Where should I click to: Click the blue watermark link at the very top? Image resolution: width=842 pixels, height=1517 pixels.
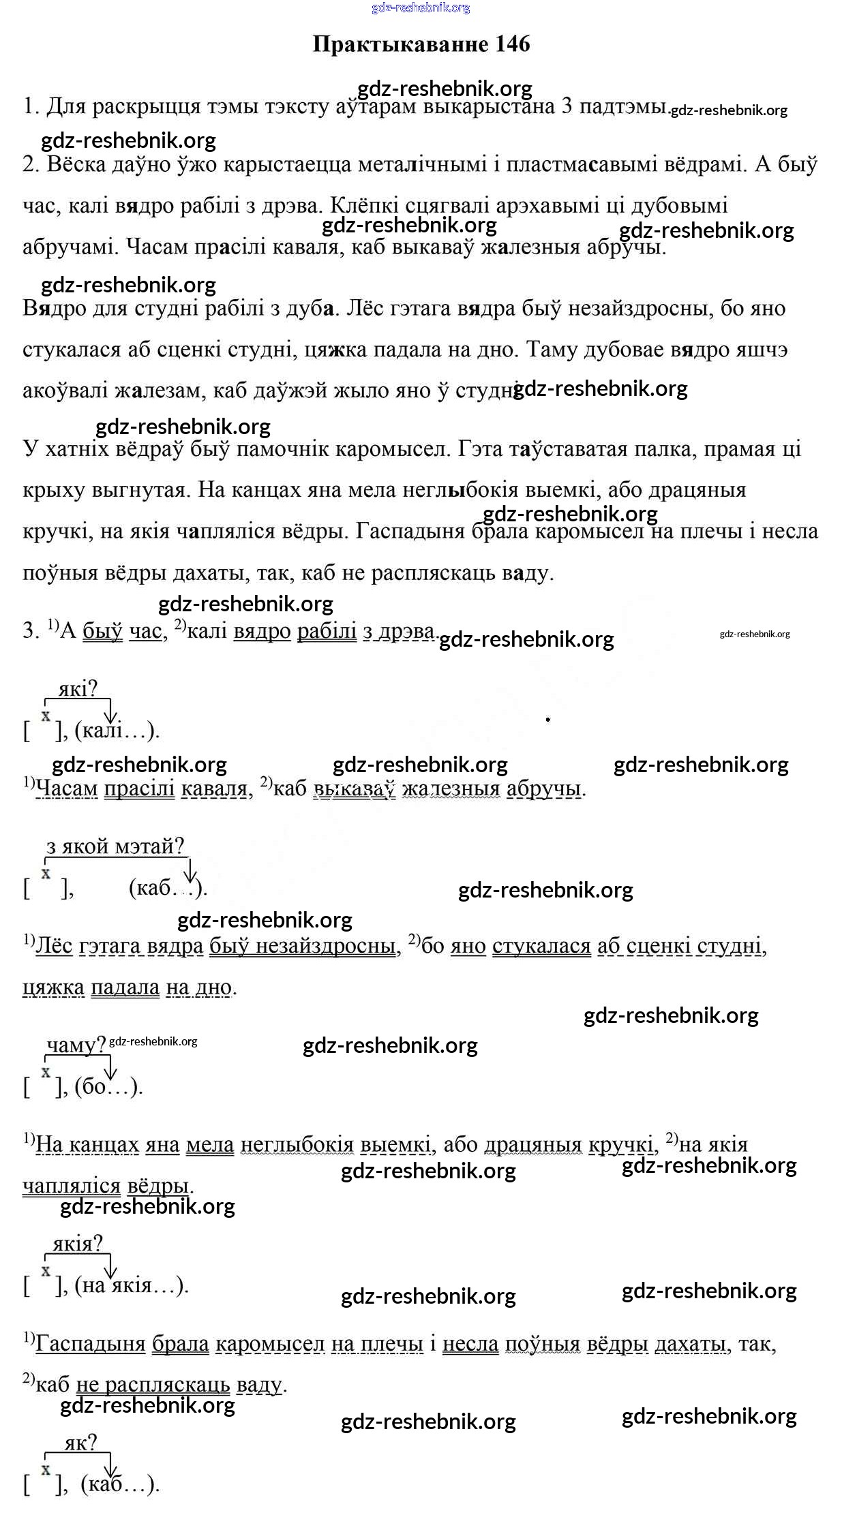pos(421,7)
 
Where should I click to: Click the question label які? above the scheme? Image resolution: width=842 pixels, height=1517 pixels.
pos(78,689)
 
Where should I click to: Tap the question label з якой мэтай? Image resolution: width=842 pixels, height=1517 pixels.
pos(115,846)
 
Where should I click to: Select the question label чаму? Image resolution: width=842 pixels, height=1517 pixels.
pos(76,1045)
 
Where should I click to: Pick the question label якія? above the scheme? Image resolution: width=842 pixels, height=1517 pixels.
pos(77,1244)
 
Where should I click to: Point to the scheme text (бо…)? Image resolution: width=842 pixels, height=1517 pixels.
pos(108,1086)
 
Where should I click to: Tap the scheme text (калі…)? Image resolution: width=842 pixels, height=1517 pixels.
pos(117,731)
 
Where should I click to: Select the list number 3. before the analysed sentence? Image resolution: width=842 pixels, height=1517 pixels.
pos(31,631)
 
